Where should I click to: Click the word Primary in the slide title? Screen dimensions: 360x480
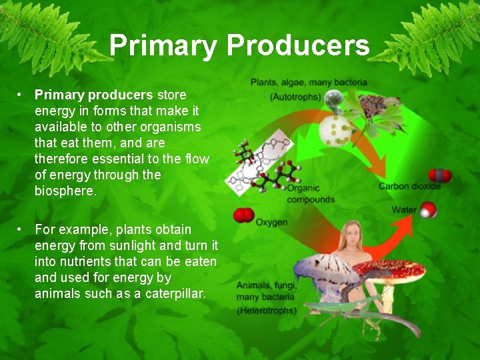(x=163, y=45)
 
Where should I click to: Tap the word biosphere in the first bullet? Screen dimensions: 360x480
(x=65, y=191)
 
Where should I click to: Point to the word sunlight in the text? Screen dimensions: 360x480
(x=137, y=245)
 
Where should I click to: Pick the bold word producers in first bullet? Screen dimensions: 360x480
(x=121, y=95)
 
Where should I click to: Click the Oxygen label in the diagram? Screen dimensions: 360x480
(x=271, y=222)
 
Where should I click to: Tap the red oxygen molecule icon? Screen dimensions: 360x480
(x=243, y=215)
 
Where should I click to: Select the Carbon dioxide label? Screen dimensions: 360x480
(x=409, y=186)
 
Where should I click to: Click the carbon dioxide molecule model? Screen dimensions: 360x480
(x=439, y=175)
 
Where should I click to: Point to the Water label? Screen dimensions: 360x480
(x=404, y=210)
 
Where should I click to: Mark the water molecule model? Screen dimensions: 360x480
(x=428, y=211)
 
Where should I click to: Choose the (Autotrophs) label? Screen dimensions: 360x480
(x=295, y=97)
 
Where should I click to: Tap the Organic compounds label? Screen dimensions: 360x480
(x=310, y=194)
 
